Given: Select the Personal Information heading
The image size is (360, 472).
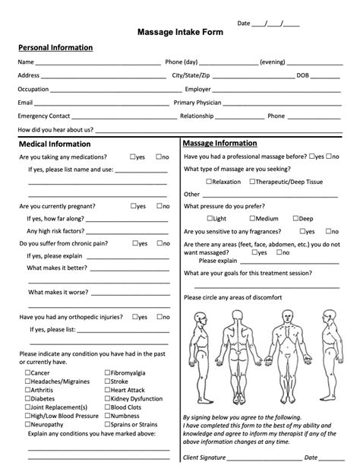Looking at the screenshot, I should point(55,47).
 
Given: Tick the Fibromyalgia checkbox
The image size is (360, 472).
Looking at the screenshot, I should point(106,372).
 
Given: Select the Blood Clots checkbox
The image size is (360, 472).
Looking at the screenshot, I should point(106,407).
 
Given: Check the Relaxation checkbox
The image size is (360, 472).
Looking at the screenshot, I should point(208,182).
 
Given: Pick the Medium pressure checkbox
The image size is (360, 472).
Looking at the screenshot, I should point(251,219).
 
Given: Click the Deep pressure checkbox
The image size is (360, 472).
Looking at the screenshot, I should point(295,219).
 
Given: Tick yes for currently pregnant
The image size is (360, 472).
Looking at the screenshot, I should point(134,206).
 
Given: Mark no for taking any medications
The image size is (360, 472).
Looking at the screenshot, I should point(158,157).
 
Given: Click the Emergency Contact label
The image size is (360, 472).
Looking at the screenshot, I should point(43,116).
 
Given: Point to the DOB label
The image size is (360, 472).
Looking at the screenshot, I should point(303,75).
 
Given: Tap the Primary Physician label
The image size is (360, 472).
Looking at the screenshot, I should point(197,103).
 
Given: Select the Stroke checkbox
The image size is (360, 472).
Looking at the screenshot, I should point(106,381).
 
